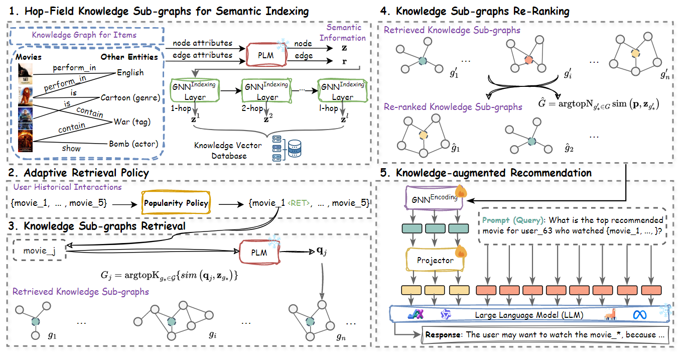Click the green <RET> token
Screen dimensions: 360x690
tap(300, 203)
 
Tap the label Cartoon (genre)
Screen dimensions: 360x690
tap(130, 97)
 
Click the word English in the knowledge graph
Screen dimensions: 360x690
tap(130, 72)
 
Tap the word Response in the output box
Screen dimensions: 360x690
tap(444, 334)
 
